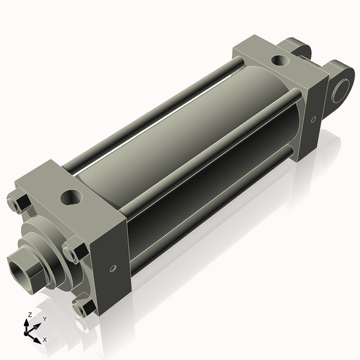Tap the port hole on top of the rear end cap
(279, 60)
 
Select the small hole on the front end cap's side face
(112, 268)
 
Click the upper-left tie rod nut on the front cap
(20, 203)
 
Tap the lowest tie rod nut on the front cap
(83, 308)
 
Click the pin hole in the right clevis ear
(344, 91)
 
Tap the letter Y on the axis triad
(44, 319)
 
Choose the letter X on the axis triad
(44, 340)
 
